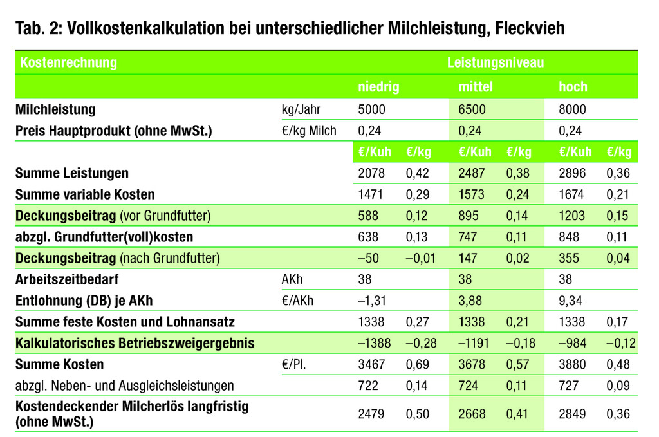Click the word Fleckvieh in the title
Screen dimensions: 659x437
(x=530, y=28)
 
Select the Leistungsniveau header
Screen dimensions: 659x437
(x=496, y=62)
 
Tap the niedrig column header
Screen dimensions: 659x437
(x=378, y=86)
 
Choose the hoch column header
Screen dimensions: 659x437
(x=573, y=86)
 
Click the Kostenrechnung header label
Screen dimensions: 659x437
(x=68, y=62)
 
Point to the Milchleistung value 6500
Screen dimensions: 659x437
(x=472, y=109)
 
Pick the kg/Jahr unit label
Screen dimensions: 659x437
(x=301, y=109)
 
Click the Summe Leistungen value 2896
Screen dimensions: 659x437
(x=572, y=173)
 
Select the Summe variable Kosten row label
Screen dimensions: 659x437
(x=85, y=194)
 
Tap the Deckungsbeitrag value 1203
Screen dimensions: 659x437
(x=571, y=216)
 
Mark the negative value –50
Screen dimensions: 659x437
(x=368, y=258)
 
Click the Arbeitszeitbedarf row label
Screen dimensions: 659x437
(x=67, y=279)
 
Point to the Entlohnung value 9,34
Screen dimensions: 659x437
(x=570, y=301)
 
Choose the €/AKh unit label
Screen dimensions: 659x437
(x=297, y=301)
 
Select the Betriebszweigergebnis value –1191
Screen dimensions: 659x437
(x=474, y=343)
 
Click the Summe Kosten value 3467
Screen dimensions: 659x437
(x=371, y=364)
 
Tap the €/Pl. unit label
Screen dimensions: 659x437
(x=293, y=364)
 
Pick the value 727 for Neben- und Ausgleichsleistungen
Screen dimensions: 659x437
(x=569, y=386)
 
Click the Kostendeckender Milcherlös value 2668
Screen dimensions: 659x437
(x=472, y=414)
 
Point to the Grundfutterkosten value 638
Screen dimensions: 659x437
(x=368, y=237)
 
